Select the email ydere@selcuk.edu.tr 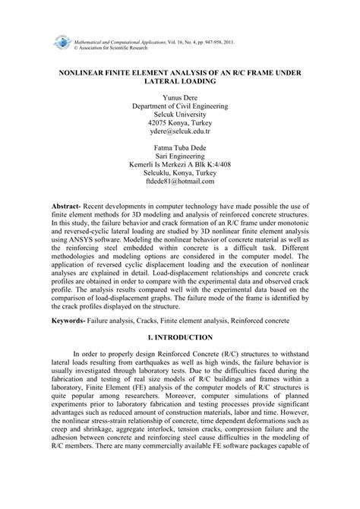(180, 131)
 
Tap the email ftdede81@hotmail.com (180, 183)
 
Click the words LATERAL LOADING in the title (180, 77)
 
